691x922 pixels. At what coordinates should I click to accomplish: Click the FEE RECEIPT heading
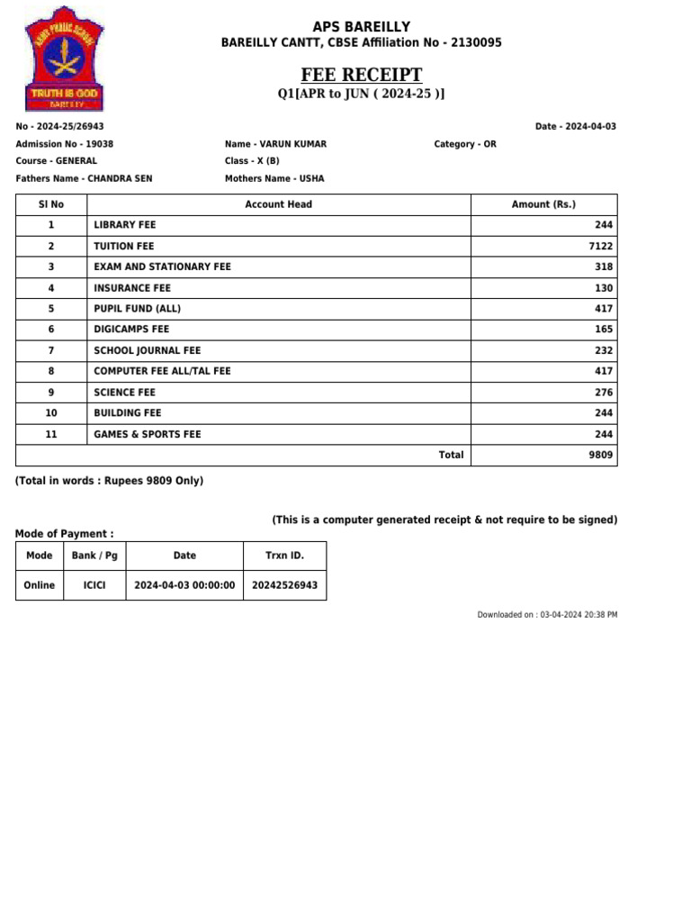361,75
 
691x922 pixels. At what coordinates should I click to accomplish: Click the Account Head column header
278,204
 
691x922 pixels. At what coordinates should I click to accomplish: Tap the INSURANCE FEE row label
132,288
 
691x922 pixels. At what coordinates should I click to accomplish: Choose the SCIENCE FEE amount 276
604,393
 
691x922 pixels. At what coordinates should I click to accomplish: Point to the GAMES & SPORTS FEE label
148,434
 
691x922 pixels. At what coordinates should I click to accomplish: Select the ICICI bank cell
94,585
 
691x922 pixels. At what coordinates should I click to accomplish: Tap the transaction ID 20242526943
284,585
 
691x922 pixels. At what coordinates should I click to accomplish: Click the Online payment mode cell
40,585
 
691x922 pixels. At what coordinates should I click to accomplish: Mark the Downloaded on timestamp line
547,615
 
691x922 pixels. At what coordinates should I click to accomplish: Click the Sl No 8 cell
51,371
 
